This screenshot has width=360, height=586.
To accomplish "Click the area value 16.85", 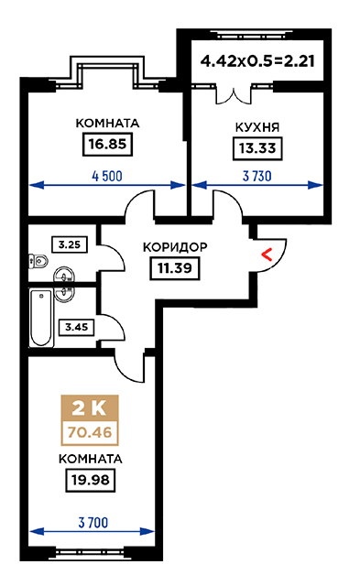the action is click(107, 144).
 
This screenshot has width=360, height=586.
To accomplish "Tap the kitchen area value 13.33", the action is click(257, 148).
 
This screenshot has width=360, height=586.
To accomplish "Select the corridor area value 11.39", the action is click(175, 268).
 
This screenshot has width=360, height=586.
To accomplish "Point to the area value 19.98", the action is click(90, 480).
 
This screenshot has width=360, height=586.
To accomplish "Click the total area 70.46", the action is click(90, 432).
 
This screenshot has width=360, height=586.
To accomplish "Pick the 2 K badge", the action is click(90, 408).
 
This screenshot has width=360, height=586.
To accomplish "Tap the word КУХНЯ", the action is click(257, 127).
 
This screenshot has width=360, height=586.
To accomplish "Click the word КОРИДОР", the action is click(175, 247).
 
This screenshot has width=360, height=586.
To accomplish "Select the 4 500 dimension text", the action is click(107, 176).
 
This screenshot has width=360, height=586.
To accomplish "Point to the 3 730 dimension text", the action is click(257, 176).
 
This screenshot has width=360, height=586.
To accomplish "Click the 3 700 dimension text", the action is click(93, 523).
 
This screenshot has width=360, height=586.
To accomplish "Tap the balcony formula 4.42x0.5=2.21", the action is click(257, 61).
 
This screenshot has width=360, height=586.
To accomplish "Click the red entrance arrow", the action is click(267, 255).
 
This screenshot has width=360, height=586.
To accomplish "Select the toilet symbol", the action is click(38, 260).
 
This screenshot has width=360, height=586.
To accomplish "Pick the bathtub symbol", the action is click(41, 318).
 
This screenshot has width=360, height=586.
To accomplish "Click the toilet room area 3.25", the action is click(70, 244).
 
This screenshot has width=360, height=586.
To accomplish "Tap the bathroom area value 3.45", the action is click(77, 328).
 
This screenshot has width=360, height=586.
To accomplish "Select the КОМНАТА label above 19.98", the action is click(90, 459).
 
